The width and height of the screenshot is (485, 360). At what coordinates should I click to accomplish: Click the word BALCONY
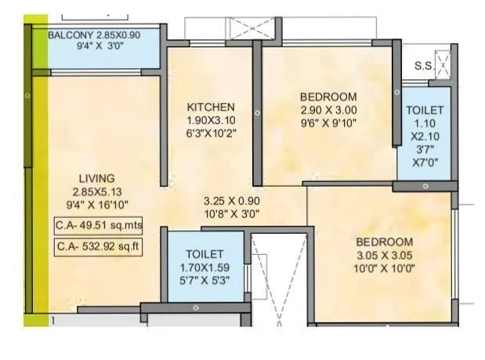[x=71, y=35]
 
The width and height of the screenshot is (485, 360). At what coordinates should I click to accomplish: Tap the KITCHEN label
[x=211, y=107]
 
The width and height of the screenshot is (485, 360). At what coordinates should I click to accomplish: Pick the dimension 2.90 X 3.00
[x=328, y=110]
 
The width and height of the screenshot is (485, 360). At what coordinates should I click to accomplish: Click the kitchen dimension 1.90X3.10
[x=211, y=121]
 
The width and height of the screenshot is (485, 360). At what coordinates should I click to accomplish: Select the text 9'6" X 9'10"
[x=328, y=123]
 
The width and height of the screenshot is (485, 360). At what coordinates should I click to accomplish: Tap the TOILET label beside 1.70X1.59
[x=205, y=254]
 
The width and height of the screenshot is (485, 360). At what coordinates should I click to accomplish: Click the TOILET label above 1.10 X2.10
[x=425, y=111]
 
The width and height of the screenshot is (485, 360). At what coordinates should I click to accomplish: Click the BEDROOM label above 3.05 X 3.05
[x=383, y=242]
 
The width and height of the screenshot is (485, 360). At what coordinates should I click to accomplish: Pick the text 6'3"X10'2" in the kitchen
[x=211, y=134]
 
